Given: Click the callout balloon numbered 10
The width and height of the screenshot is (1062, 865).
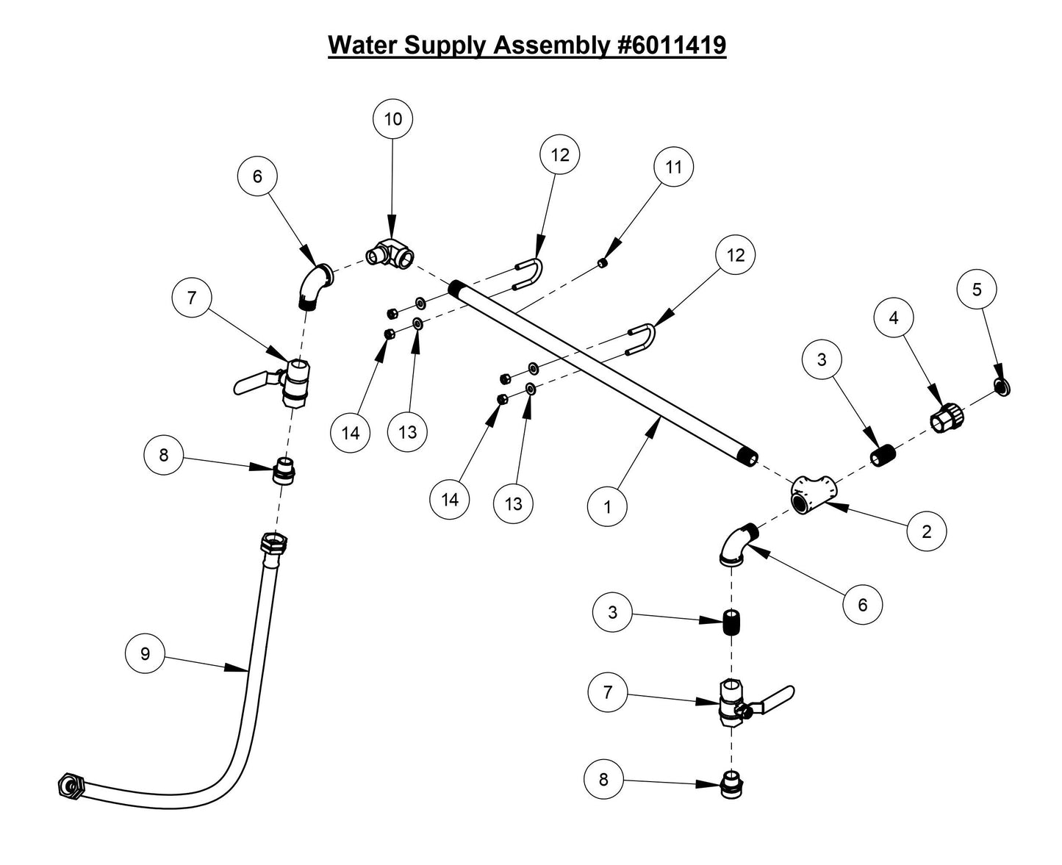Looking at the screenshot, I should click(x=392, y=119).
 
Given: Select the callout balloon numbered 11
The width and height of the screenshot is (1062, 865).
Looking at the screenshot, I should click(x=673, y=167).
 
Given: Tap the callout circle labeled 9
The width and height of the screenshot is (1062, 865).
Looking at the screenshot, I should click(x=145, y=653).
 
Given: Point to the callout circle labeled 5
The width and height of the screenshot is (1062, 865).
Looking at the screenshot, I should click(x=977, y=290).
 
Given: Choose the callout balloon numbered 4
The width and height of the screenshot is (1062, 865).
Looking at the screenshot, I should click(x=894, y=317).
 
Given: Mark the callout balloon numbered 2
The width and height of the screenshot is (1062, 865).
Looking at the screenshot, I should click(x=926, y=531).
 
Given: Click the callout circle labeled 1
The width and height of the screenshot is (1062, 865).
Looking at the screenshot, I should click(x=607, y=507).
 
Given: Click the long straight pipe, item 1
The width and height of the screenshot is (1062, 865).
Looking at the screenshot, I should click(x=603, y=372).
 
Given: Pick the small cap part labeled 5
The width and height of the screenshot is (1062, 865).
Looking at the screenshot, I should click(x=1000, y=387).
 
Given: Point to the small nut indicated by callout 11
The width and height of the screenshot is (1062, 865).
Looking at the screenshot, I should click(x=603, y=264).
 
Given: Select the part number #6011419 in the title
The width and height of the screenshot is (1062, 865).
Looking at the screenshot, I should click(x=669, y=45).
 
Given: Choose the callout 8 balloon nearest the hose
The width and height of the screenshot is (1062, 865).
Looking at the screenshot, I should click(x=163, y=455).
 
